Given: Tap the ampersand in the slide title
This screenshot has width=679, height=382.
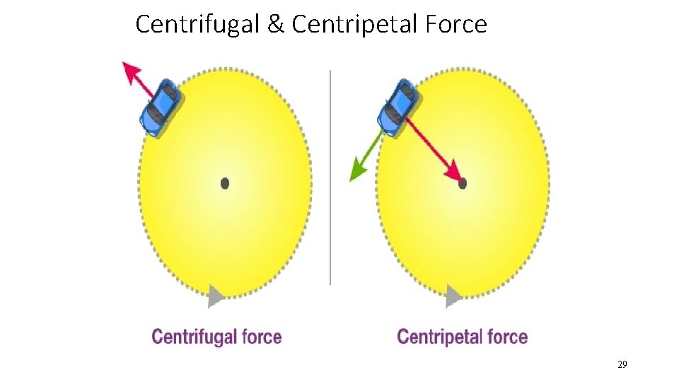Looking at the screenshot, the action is click(x=277, y=25).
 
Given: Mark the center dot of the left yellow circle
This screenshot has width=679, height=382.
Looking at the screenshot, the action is click(x=225, y=183).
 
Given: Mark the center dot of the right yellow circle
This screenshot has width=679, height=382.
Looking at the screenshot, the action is click(x=463, y=183).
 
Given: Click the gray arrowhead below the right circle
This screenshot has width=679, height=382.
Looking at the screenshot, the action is click(x=453, y=296).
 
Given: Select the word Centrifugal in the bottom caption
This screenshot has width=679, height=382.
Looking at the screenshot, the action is click(x=195, y=337).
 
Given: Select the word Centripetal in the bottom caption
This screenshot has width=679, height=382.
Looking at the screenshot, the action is click(x=439, y=337).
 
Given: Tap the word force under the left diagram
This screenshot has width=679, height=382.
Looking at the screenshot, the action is click(x=262, y=337).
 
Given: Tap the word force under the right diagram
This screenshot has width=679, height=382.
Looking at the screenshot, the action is click(x=506, y=337).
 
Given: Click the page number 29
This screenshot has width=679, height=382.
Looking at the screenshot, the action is click(x=622, y=364).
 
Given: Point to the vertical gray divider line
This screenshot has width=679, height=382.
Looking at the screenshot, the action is click(x=330, y=177).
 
